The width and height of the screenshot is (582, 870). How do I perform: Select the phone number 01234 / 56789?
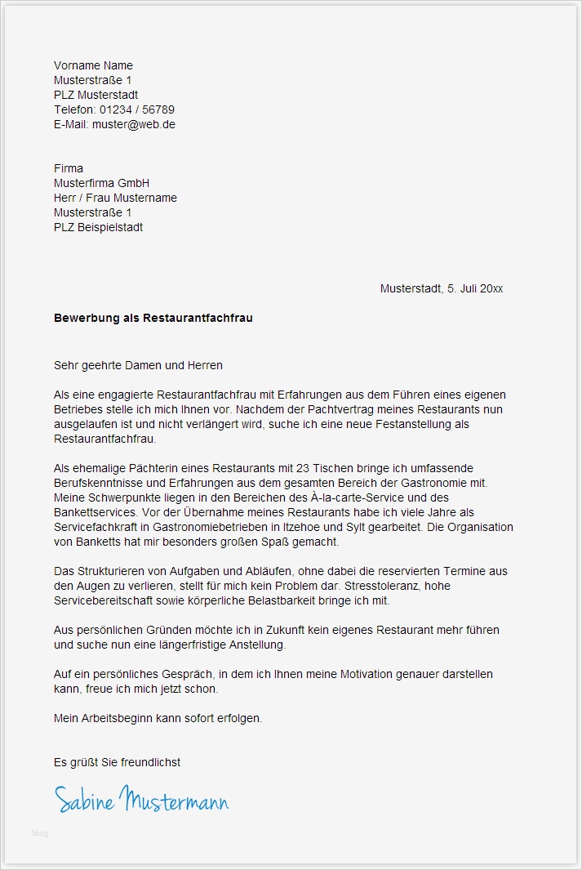click(x=137, y=110)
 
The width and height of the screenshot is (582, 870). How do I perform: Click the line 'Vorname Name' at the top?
click(x=93, y=65)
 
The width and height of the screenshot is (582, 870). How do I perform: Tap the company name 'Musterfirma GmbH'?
click(x=101, y=183)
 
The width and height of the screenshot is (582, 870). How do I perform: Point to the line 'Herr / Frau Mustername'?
click(x=115, y=198)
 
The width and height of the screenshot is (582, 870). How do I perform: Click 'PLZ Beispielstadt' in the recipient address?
click(x=98, y=227)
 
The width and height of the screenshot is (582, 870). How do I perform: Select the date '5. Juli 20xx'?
click(x=475, y=288)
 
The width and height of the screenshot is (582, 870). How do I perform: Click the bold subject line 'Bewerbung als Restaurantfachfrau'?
click(x=153, y=318)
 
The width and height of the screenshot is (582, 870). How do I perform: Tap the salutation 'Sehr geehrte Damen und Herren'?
click(x=138, y=365)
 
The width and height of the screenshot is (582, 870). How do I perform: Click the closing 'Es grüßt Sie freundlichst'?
click(x=117, y=762)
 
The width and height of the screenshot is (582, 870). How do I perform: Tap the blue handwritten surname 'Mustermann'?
click(x=174, y=799)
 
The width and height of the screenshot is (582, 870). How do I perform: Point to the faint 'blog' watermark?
click(x=40, y=833)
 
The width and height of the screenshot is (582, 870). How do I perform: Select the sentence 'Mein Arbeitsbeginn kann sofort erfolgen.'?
click(x=158, y=718)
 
